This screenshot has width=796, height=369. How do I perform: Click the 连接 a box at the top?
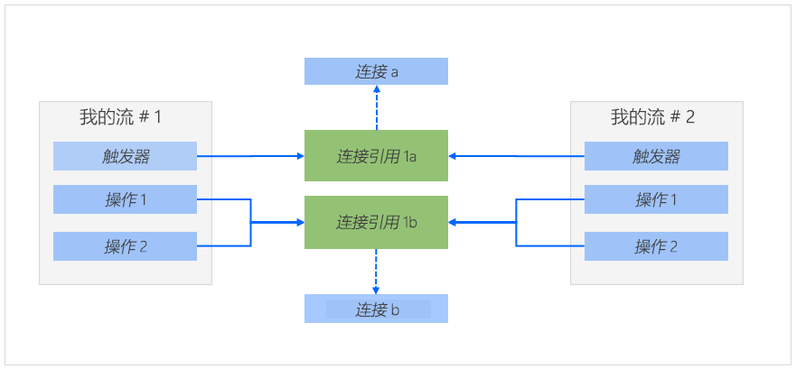tap(376, 71)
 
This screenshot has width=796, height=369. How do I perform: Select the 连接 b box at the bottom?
tap(376, 309)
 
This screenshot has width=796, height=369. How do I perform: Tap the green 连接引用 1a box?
tap(376, 156)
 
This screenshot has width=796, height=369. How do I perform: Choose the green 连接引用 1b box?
tap(376, 221)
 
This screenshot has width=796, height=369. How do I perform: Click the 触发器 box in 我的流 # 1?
tap(125, 156)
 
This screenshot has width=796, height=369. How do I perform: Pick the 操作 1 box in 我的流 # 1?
tap(125, 199)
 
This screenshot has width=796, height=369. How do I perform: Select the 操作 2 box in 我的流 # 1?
tap(125, 246)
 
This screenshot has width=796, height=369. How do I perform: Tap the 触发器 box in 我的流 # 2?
tap(656, 156)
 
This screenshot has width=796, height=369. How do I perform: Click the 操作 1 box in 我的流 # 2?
tap(656, 199)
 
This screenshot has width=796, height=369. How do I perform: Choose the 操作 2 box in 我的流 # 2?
tap(656, 246)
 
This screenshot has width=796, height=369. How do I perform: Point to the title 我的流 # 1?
tap(120, 116)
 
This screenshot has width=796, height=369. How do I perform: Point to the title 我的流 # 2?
tap(652, 116)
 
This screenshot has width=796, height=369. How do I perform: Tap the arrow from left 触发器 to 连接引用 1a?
tap(250, 156)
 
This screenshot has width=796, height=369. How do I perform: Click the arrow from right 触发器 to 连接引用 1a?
tap(516, 156)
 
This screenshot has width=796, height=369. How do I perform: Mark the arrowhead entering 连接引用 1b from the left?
tap(299, 221)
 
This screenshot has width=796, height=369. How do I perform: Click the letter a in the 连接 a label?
tap(395, 72)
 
